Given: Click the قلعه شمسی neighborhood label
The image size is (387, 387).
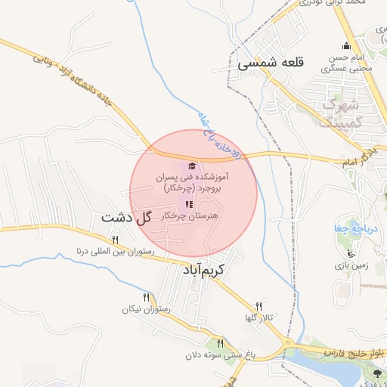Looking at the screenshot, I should [x=270, y=64].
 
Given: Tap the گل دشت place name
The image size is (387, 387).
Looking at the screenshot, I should [x=127, y=217].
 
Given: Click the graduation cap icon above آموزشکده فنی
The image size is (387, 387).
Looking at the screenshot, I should [x=191, y=165].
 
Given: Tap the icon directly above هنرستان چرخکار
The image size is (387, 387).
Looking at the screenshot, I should [x=189, y=204].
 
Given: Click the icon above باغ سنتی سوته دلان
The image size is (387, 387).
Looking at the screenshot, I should [x=220, y=342].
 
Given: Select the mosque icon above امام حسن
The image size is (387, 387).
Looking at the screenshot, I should [x=346, y=46].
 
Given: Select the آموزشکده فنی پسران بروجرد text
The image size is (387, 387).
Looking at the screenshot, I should [x=192, y=181].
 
